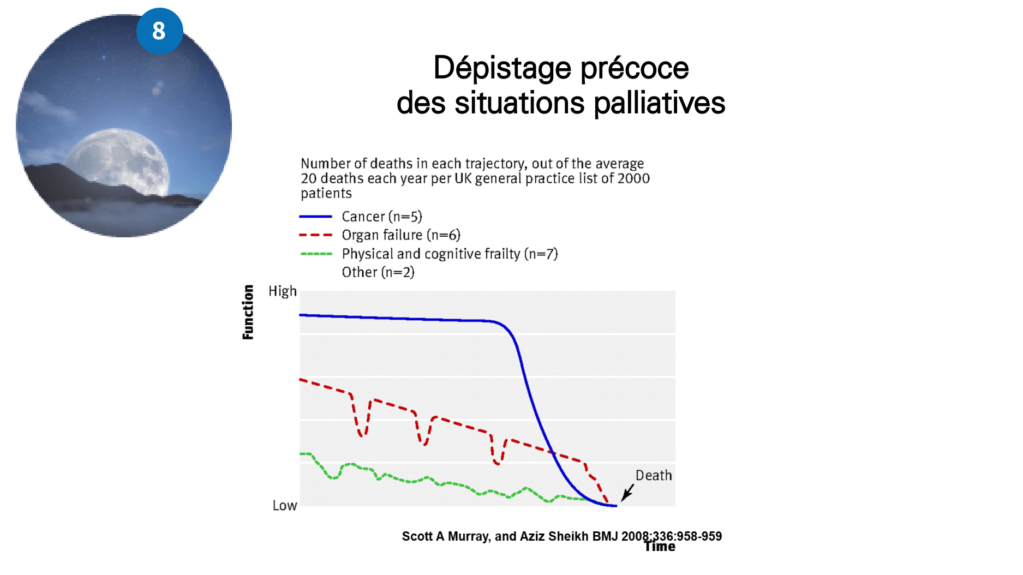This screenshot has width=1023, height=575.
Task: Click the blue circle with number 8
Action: point(159,31)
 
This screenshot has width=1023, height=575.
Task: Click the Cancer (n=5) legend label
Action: point(382,217)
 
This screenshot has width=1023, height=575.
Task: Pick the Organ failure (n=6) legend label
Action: point(401,235)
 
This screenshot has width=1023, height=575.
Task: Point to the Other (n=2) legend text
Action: point(378,272)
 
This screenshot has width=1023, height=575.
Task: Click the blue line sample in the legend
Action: point(315,217)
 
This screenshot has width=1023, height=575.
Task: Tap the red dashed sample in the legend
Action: point(315,235)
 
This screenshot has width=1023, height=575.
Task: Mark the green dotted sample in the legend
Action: point(315,254)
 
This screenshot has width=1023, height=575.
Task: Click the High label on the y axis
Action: point(283,291)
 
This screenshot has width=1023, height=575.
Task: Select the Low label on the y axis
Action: point(285,506)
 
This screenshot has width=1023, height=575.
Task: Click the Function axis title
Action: point(248,312)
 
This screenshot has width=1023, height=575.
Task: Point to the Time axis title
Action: point(660,547)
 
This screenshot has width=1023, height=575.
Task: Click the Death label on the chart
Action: point(654,476)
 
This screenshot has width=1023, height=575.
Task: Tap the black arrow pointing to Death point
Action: point(627,492)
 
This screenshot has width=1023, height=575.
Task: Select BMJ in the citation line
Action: point(605,536)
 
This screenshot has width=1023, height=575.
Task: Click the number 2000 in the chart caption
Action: point(633,178)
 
